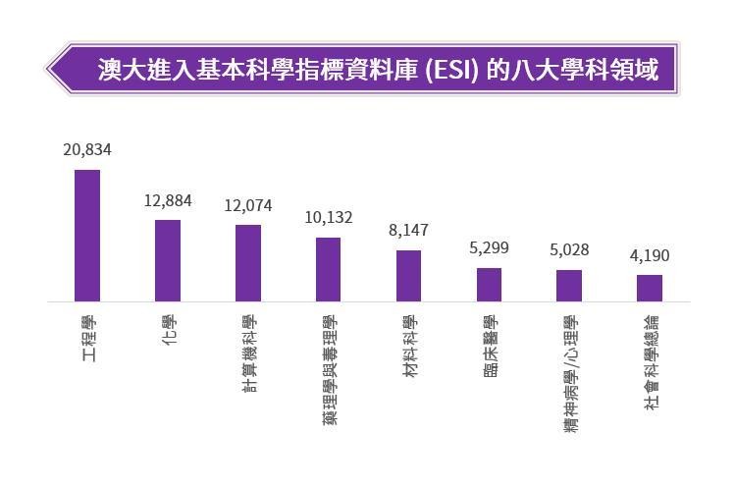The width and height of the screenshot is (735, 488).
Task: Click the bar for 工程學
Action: pyautogui.click(x=87, y=236)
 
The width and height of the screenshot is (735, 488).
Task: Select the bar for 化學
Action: pyautogui.click(x=168, y=260)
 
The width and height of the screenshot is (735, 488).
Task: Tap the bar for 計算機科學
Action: pyautogui.click(x=248, y=263)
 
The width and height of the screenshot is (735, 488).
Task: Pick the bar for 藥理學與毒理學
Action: pyautogui.click(x=328, y=269)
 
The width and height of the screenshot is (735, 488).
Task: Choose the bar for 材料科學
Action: pyautogui.click(x=408, y=276)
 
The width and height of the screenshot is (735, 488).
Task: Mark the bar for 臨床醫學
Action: pyautogui.click(x=489, y=285)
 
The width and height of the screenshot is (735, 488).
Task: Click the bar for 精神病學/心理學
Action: pyautogui.click(x=569, y=286)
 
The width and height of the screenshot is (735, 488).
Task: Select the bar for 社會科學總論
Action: pyautogui.click(x=650, y=288)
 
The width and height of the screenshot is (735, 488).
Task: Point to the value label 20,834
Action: pyautogui.click(x=86, y=149)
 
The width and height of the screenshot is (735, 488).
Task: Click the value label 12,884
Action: pyautogui.click(x=168, y=200)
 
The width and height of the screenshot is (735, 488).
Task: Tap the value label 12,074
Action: pyautogui.click(x=248, y=205)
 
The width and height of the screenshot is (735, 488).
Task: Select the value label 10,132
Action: pyautogui.click(x=328, y=218)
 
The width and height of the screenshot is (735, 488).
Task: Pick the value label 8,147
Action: pyautogui.click(x=408, y=231)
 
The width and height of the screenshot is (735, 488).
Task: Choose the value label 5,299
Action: pyautogui.click(x=489, y=248)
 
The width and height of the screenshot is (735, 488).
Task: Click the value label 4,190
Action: pyautogui.click(x=650, y=256)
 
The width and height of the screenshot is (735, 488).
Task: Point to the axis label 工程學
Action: pyautogui.click(x=88, y=338)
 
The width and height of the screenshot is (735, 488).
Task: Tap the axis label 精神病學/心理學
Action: pyautogui.click(x=570, y=375)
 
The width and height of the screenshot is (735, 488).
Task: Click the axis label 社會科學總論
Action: pyautogui.click(x=651, y=362)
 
